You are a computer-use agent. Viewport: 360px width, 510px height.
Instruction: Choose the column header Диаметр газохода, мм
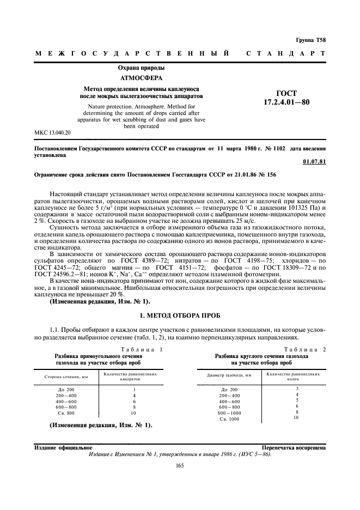click(229, 375)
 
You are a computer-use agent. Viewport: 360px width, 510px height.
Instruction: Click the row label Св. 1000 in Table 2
click(229, 419)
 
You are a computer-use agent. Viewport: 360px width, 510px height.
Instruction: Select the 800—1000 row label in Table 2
click(229, 413)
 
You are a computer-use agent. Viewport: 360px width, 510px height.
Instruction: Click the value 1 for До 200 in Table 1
click(133, 390)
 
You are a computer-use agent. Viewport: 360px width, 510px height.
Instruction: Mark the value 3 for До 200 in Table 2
click(297, 388)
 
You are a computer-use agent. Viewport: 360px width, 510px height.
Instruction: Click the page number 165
click(180, 465)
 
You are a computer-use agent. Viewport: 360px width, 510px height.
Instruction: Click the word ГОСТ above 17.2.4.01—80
click(286, 93)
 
